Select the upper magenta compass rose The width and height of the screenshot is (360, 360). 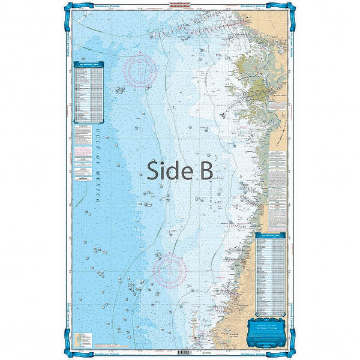coord(140,71)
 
